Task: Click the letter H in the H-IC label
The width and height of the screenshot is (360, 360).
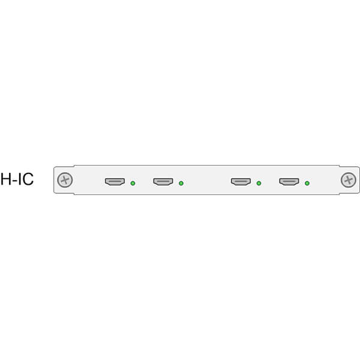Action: (6, 179)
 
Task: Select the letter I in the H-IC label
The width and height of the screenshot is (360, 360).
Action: (19, 179)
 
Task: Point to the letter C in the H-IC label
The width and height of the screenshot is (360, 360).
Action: (28, 179)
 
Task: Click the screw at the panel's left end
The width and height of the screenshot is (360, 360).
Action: (65, 180)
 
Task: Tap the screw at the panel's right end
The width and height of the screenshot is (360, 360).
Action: (349, 180)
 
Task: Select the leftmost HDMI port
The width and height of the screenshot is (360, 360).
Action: (115, 182)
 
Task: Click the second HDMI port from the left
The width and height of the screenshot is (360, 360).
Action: (163, 182)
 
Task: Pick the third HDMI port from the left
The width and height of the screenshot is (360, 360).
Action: (241, 182)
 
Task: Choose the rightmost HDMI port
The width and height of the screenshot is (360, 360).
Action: (289, 182)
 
